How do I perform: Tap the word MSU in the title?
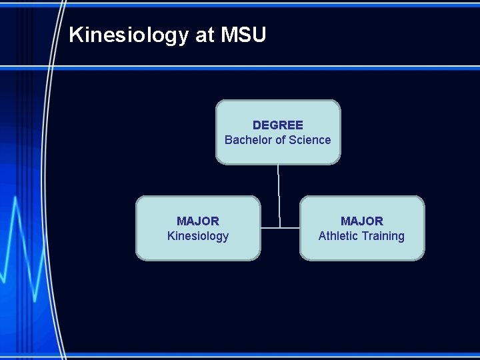pos(243,35)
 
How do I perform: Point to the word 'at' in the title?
pos(204,35)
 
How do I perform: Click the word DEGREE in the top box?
pos(278,125)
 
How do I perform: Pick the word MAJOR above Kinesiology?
pos(198,221)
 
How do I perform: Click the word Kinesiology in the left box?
pos(198,236)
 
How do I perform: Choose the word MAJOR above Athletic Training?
pos(362,221)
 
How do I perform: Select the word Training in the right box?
pos(383,236)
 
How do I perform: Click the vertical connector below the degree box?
pos(279,193)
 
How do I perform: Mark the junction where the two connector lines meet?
pos(280,228)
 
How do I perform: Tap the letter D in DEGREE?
pos(257,125)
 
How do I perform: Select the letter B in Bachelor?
pos(229,140)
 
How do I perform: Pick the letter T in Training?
pos(366,236)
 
